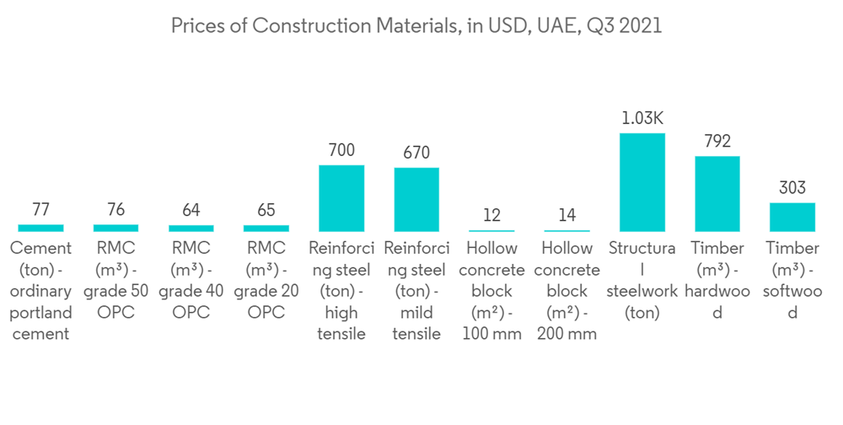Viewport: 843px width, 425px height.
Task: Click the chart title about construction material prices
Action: [416, 26]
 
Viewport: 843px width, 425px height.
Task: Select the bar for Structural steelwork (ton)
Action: [642, 182]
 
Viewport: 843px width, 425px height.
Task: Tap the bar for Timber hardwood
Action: [717, 194]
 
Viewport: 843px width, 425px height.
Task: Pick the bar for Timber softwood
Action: [792, 217]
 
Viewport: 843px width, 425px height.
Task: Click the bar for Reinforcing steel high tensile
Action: [341, 198]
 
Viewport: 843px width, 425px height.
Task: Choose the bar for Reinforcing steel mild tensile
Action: [416, 200]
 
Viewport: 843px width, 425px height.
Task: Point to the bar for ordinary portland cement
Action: [40, 228]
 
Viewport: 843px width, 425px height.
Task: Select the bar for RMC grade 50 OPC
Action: [115, 228]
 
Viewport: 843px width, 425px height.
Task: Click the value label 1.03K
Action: [642, 119]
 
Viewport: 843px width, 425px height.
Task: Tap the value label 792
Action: [717, 142]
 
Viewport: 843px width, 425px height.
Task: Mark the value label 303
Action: [792, 188]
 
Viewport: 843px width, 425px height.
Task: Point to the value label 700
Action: [341, 150]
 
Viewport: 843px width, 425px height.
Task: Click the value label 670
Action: [416, 153]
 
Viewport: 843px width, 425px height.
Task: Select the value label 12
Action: [491, 215]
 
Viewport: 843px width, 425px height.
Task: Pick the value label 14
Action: [567, 215]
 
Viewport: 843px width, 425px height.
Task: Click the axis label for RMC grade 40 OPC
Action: [191, 280]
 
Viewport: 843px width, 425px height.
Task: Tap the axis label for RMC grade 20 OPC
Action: [266, 280]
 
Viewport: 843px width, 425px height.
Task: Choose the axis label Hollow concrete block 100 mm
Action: [491, 291]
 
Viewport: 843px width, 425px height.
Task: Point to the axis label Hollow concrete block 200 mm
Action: [567, 291]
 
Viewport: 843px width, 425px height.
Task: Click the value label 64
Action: [191, 210]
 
